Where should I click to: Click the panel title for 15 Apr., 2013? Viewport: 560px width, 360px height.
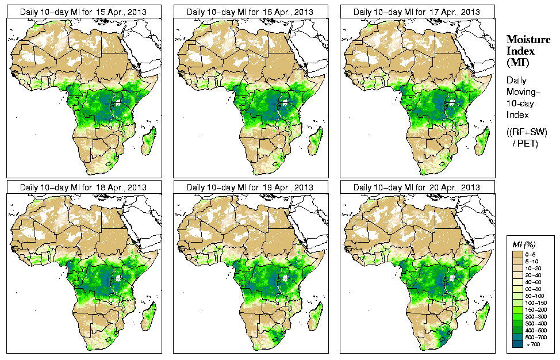coord(83,12)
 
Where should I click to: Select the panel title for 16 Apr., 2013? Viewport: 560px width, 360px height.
coord(250,12)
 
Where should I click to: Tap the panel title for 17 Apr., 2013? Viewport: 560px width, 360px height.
coord(417,12)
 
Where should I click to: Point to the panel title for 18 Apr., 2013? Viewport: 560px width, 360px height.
coord(83,187)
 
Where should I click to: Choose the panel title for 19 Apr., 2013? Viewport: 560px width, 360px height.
coord(250,187)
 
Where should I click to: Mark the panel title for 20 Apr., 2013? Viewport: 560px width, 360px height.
coord(417,187)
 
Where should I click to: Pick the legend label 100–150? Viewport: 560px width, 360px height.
coord(538,302)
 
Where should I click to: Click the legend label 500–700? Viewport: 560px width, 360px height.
coord(538,336)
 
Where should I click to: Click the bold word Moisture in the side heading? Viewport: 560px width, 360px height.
coord(528,39)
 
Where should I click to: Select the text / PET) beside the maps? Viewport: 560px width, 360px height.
coord(526,143)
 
